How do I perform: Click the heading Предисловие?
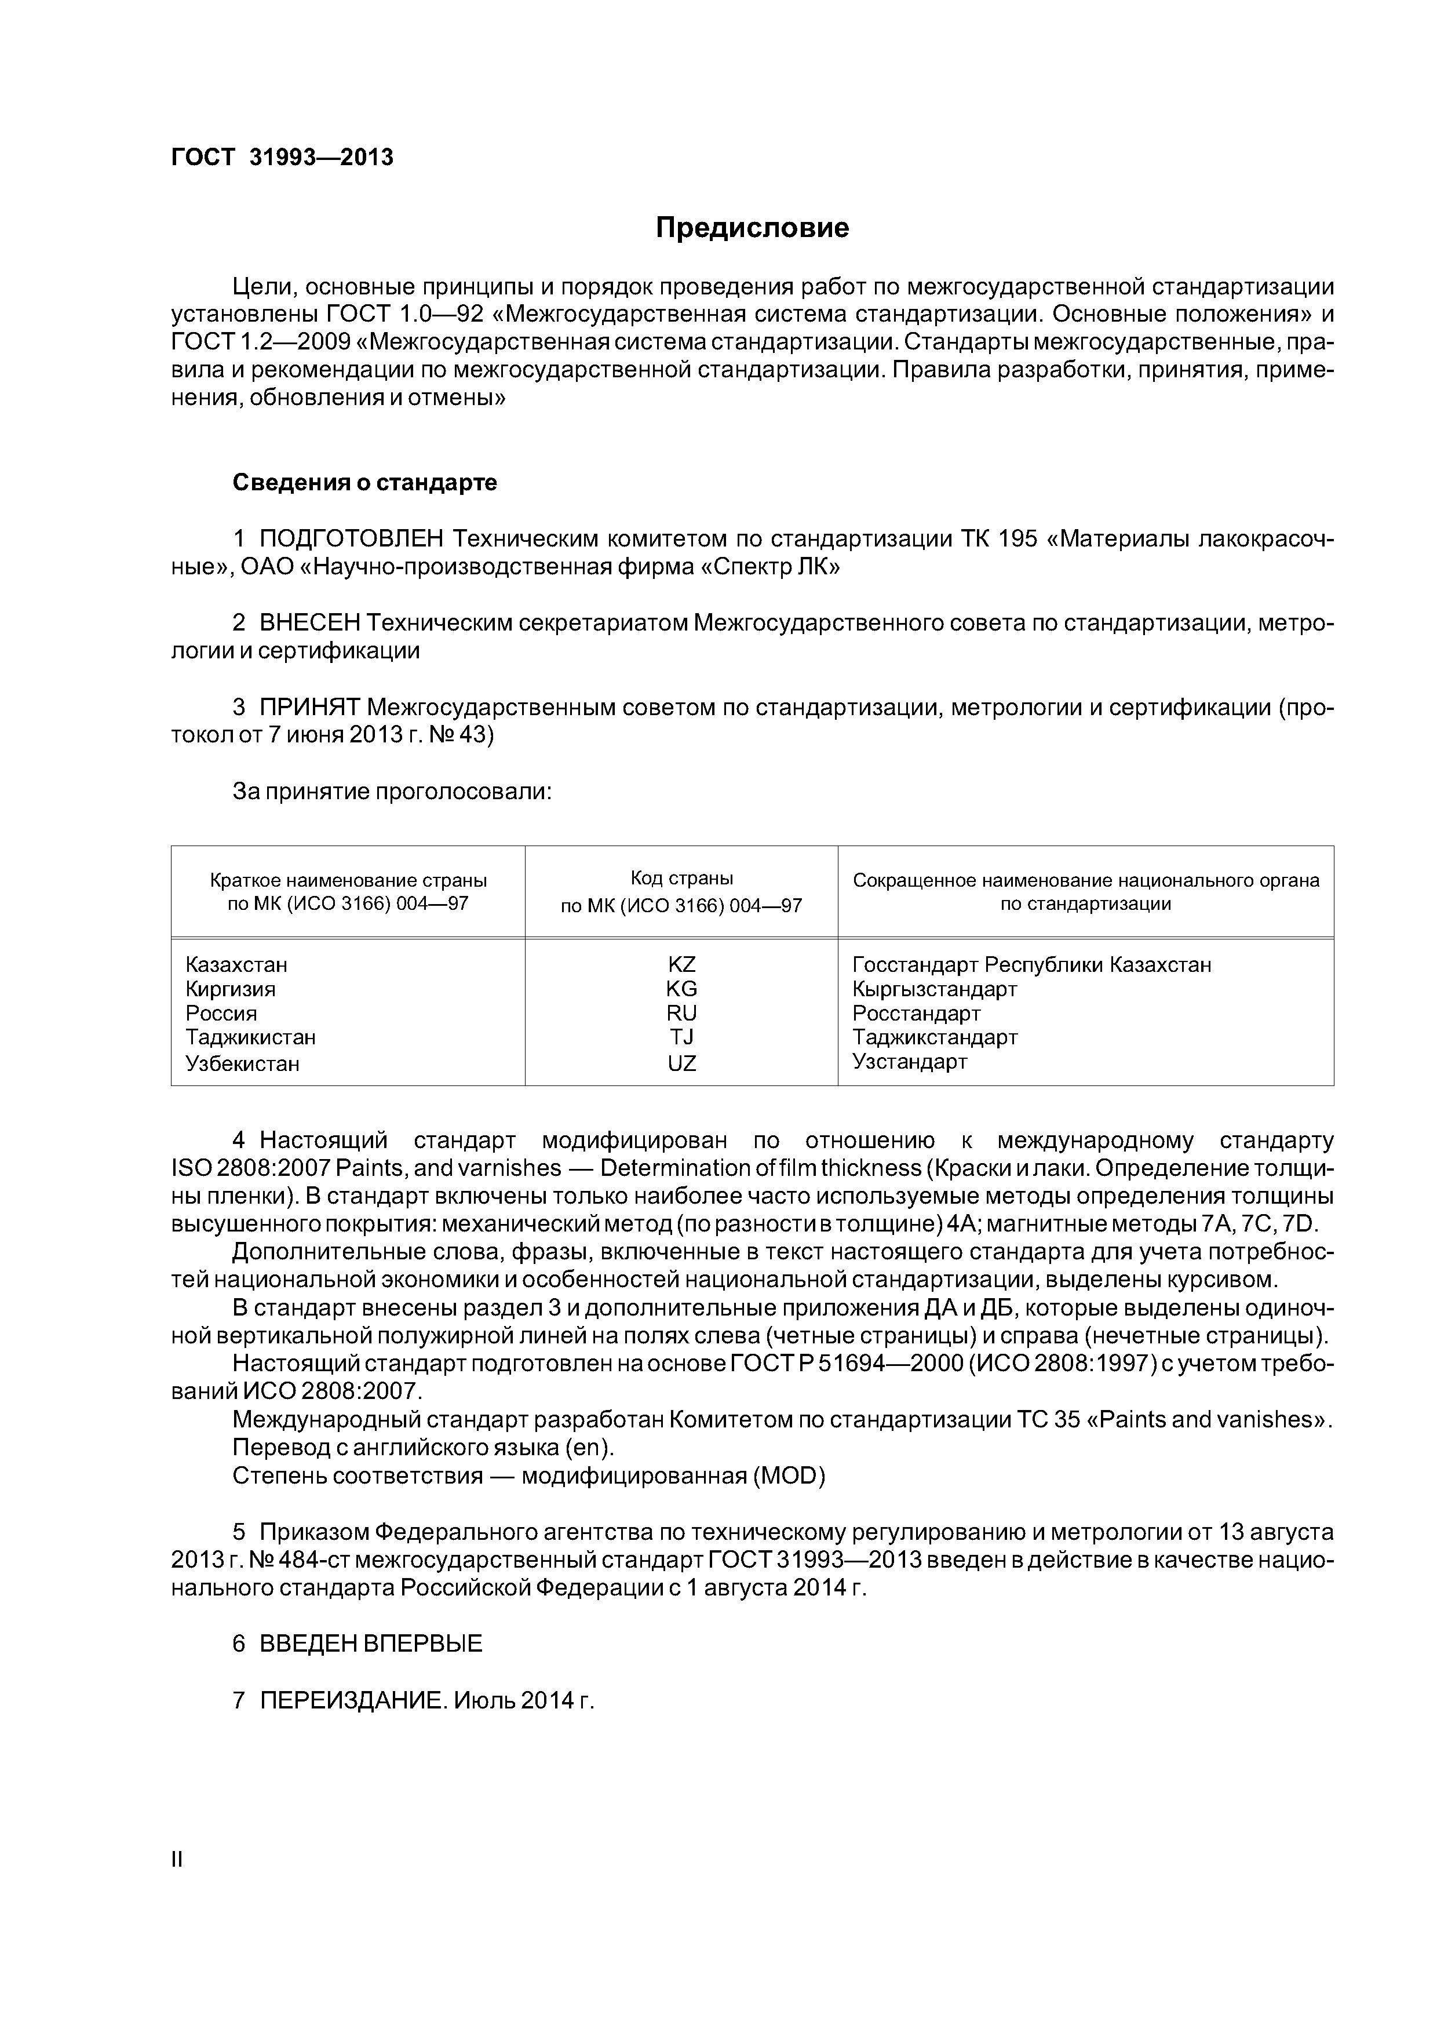coord(752,228)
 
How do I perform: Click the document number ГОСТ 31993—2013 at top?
coord(282,158)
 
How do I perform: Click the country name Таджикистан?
coord(250,1037)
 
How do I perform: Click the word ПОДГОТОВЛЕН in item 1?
coord(352,538)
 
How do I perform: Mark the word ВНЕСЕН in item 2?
coord(310,624)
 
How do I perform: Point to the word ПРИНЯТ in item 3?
coord(310,708)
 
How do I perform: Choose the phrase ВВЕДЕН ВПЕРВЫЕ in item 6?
coord(371,1644)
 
